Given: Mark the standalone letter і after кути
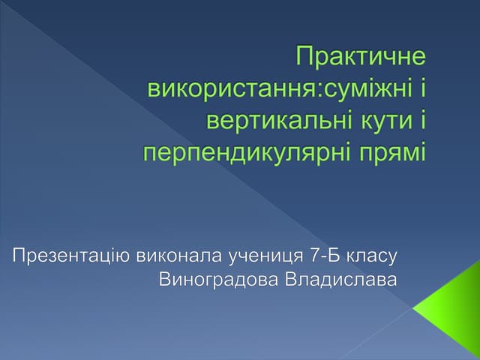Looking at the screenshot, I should (x=421, y=121).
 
